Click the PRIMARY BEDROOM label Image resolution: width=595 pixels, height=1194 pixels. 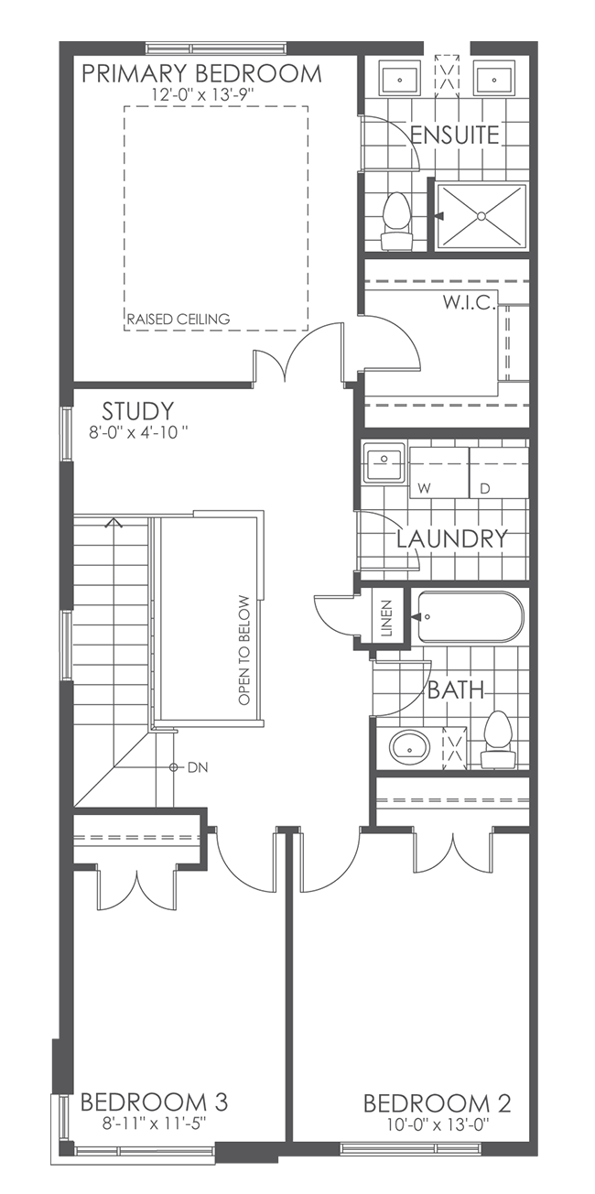[201, 73]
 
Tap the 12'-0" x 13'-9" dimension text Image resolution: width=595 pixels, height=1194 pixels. [201, 94]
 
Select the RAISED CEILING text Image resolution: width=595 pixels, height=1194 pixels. [178, 319]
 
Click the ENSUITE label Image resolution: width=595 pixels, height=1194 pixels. [455, 136]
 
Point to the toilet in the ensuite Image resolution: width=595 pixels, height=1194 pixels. [397, 220]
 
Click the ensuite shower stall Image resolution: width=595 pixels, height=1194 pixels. [481, 215]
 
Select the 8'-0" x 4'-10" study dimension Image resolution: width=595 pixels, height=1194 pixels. [139, 431]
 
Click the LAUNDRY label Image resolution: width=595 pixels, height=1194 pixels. [451, 538]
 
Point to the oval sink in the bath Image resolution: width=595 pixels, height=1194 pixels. [408, 747]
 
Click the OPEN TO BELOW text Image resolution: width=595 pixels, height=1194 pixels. [243, 650]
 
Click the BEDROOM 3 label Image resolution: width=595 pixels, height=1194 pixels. [154, 1101]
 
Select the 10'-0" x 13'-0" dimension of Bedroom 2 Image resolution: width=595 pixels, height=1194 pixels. [437, 1123]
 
